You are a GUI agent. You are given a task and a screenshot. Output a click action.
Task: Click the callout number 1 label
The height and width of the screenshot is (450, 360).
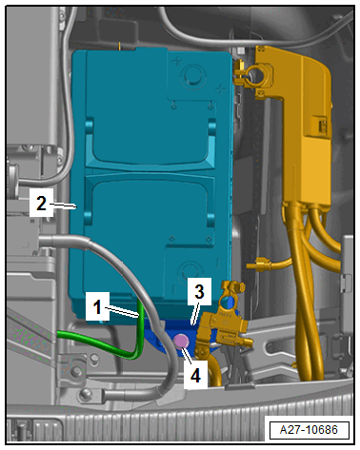(x=97, y=306)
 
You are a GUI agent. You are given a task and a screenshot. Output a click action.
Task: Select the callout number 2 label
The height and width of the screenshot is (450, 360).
(x=41, y=203)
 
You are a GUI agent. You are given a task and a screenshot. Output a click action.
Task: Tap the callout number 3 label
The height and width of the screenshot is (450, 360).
(x=199, y=291)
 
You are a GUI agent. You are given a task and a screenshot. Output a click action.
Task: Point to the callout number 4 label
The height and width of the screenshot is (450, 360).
(x=195, y=375)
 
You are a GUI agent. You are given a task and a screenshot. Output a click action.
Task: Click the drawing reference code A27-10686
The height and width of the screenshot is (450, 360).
(x=309, y=430)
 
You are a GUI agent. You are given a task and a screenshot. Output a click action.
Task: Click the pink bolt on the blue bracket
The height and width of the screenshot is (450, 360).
(x=181, y=342)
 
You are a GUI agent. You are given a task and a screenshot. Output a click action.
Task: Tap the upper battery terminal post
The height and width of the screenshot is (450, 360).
(x=192, y=75)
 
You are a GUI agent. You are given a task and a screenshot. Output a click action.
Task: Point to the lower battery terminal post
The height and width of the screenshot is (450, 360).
(x=190, y=271)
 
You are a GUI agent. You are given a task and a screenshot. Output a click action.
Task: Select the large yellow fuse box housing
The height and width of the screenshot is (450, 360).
(x=302, y=127)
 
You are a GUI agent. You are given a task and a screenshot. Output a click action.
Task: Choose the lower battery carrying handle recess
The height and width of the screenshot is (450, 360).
(x=150, y=198)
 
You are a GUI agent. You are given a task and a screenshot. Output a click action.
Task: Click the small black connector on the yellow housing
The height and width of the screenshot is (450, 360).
(x=320, y=127)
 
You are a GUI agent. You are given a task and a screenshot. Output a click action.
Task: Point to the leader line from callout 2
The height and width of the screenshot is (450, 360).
(x=65, y=206)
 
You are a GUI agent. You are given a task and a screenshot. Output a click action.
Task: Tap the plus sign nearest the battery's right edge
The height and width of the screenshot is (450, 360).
(x=220, y=89)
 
